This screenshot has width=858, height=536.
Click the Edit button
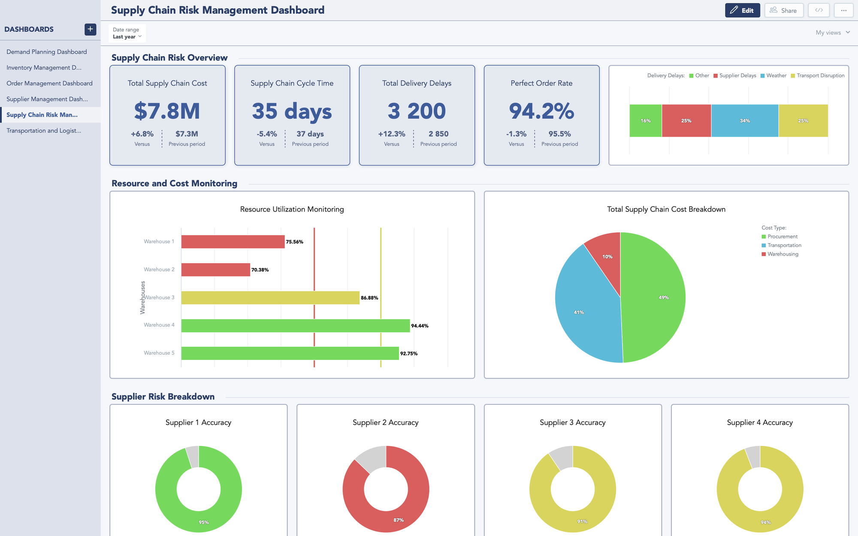click(742, 10)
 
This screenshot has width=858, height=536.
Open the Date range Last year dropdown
click(127, 33)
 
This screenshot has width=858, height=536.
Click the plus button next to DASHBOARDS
click(90, 29)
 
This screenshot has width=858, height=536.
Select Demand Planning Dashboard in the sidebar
click(46, 52)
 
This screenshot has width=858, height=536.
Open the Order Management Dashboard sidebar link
click(49, 83)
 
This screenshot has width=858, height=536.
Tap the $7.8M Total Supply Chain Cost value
click(167, 111)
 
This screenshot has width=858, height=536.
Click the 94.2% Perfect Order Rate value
click(541, 111)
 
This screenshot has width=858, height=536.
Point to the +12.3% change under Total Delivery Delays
click(391, 134)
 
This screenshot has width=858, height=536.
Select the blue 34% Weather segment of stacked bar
click(745, 120)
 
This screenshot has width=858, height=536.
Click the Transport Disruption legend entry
click(820, 75)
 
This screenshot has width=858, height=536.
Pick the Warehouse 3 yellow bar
click(270, 298)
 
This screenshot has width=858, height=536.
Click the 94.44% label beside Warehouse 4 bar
click(420, 326)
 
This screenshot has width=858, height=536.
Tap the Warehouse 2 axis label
click(159, 269)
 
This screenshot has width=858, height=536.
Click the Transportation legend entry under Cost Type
click(784, 245)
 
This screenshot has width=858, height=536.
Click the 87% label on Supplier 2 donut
click(399, 520)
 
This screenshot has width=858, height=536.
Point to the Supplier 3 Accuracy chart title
click(572, 422)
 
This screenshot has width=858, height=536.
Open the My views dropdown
click(832, 33)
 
